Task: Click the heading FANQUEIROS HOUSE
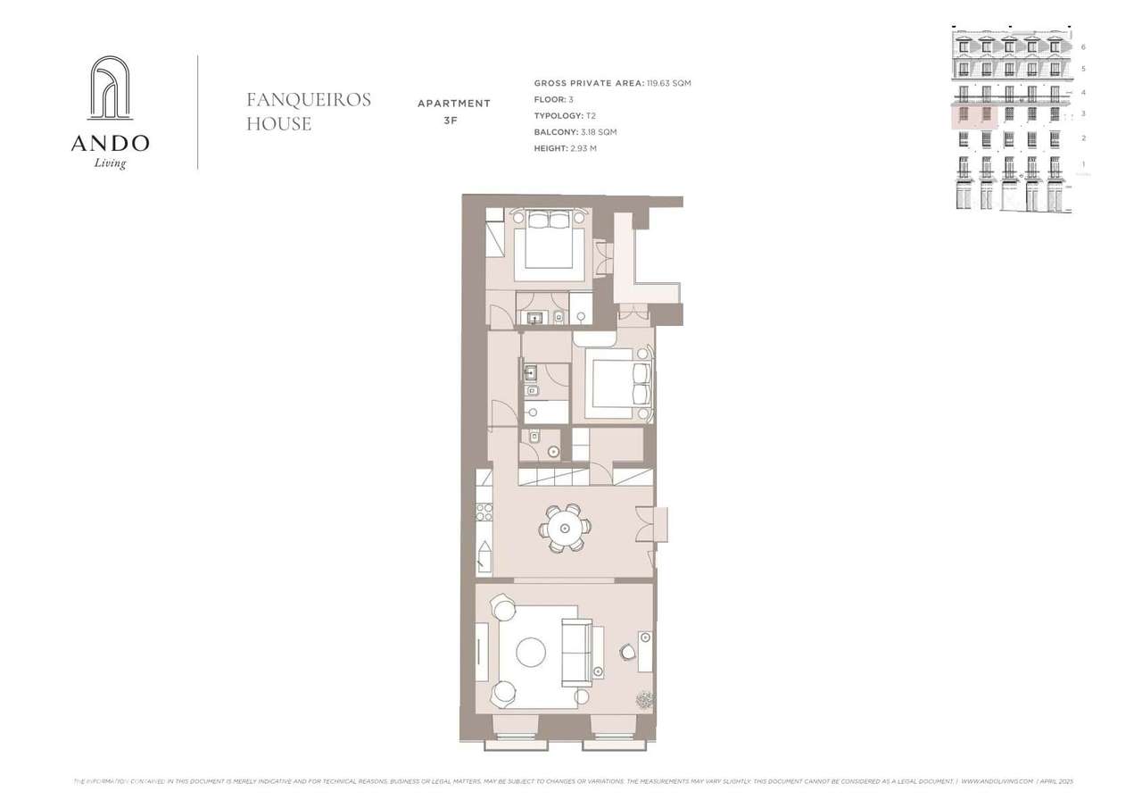click(x=309, y=112)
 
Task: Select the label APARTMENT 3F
click(x=454, y=112)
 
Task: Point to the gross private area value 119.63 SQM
click(x=668, y=83)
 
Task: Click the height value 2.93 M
click(x=584, y=148)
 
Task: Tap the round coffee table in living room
click(x=531, y=652)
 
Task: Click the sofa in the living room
click(x=575, y=652)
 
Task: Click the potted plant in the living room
click(x=644, y=699)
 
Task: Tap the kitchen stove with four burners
click(x=484, y=512)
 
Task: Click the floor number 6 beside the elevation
click(x=1083, y=46)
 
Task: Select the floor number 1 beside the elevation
click(x=1083, y=164)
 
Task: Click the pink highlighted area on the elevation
click(x=974, y=115)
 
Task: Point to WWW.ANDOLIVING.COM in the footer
click(x=997, y=781)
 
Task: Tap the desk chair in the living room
click(x=628, y=652)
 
